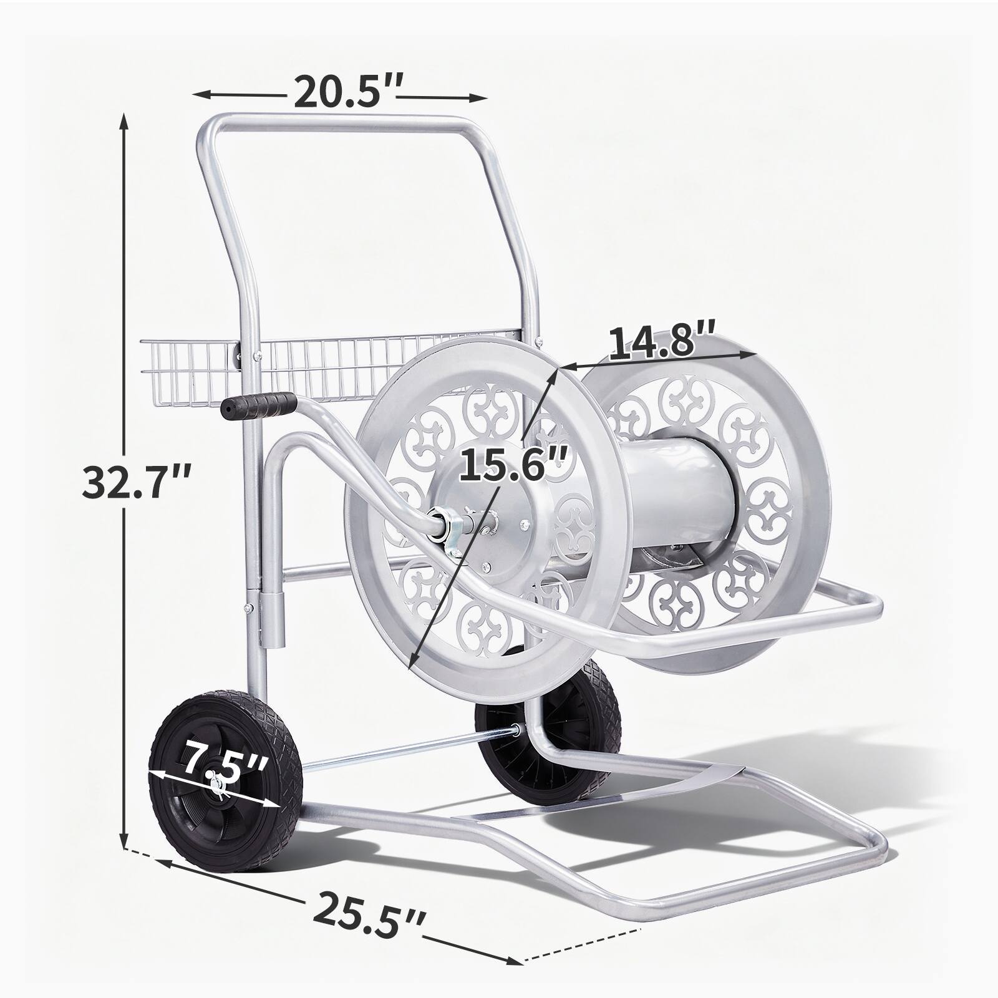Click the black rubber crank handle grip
coord(258,405)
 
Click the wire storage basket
coord(331,371)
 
